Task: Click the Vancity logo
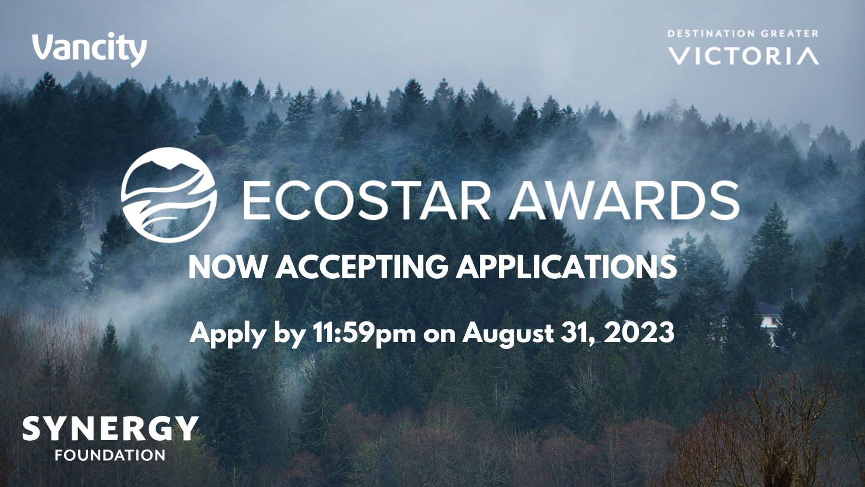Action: tap(90, 50)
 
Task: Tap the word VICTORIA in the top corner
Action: tap(743, 56)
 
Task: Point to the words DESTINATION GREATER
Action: tap(743, 34)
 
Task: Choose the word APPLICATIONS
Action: tap(566, 267)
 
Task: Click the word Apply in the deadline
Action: tap(226, 334)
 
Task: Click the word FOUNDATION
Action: tap(110, 455)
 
